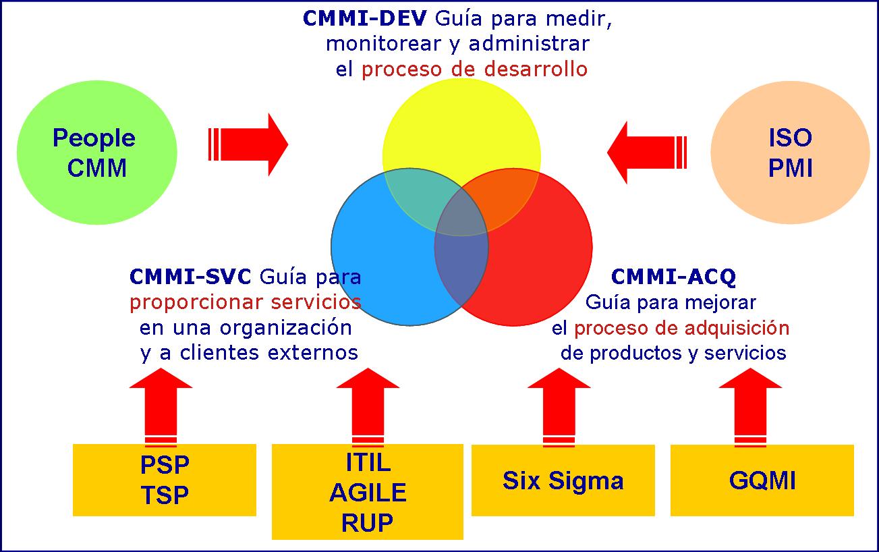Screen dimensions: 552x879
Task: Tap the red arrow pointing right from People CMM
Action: pyautogui.click(x=250, y=144)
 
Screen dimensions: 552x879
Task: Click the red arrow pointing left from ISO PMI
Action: pyautogui.click(x=644, y=153)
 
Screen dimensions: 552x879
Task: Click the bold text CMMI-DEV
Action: pyautogui.click(x=364, y=18)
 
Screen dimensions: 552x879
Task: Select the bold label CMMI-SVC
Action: pyautogui.click(x=190, y=277)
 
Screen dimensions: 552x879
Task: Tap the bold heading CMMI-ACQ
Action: pyautogui.click(x=673, y=277)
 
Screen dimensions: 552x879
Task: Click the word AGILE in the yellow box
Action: pyautogui.click(x=368, y=493)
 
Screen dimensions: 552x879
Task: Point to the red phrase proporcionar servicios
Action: pyautogui.click(x=245, y=302)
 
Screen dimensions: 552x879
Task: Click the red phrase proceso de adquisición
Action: pyautogui.click(x=681, y=328)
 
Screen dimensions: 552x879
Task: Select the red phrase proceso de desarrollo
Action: pyautogui.click(x=474, y=69)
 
